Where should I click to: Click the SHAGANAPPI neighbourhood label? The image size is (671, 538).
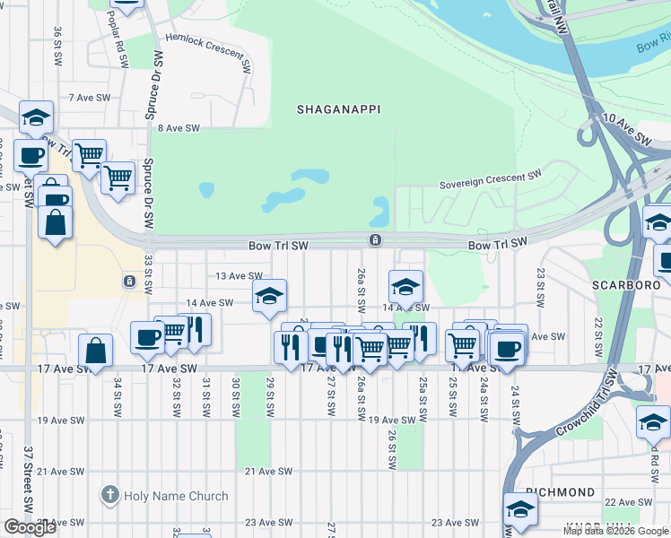(339, 109)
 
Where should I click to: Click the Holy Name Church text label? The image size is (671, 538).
(177, 496)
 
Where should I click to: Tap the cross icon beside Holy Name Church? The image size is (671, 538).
(109, 495)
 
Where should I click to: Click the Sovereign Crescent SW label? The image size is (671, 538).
(491, 183)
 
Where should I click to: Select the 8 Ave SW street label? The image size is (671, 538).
(179, 128)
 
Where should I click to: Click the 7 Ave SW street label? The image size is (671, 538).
(89, 97)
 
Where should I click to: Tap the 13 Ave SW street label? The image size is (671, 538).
(237, 276)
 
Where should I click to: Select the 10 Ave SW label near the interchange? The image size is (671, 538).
(627, 131)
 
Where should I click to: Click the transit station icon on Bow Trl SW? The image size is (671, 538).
(374, 240)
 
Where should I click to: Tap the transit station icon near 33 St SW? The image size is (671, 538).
(129, 282)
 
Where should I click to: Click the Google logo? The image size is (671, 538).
(30, 527)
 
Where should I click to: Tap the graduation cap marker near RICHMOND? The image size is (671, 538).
(519, 508)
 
